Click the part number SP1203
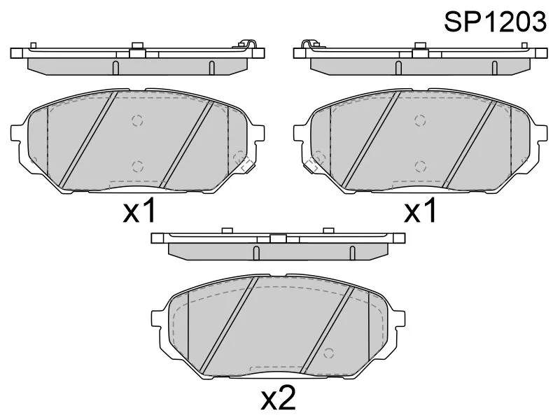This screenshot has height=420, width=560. (x=495, y=22)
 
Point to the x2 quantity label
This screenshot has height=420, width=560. (x=279, y=399)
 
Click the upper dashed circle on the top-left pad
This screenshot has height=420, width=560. (x=137, y=119)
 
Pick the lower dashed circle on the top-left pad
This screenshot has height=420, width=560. (x=137, y=165)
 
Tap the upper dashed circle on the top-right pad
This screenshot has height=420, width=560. (x=420, y=119)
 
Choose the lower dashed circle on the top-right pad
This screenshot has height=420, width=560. (x=420, y=165)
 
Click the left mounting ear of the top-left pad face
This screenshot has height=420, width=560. (x=20, y=132)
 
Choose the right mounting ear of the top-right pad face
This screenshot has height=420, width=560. (x=539, y=132)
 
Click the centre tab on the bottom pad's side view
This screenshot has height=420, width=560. (x=277, y=239)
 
